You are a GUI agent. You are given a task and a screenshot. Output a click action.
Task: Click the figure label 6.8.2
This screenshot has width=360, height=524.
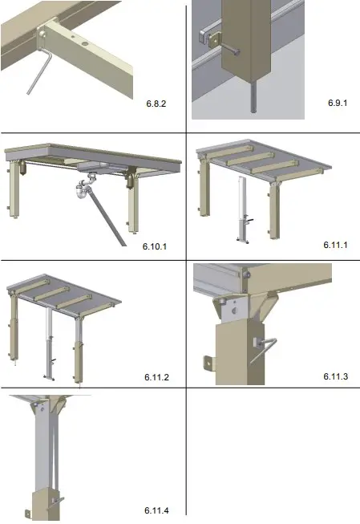click(156, 104)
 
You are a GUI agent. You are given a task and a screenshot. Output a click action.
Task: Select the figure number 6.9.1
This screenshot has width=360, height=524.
click(337, 104)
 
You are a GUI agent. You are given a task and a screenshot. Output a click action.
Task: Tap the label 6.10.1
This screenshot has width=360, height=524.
click(154, 246)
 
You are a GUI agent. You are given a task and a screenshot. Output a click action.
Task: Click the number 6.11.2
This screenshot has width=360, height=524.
click(157, 376)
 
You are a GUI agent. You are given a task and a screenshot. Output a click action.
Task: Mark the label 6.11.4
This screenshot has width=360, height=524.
click(157, 510)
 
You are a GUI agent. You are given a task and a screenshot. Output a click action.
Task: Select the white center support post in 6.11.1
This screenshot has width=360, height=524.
click(240, 209)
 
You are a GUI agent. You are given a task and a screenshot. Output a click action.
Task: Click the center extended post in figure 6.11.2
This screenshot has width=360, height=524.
click(50, 341)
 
